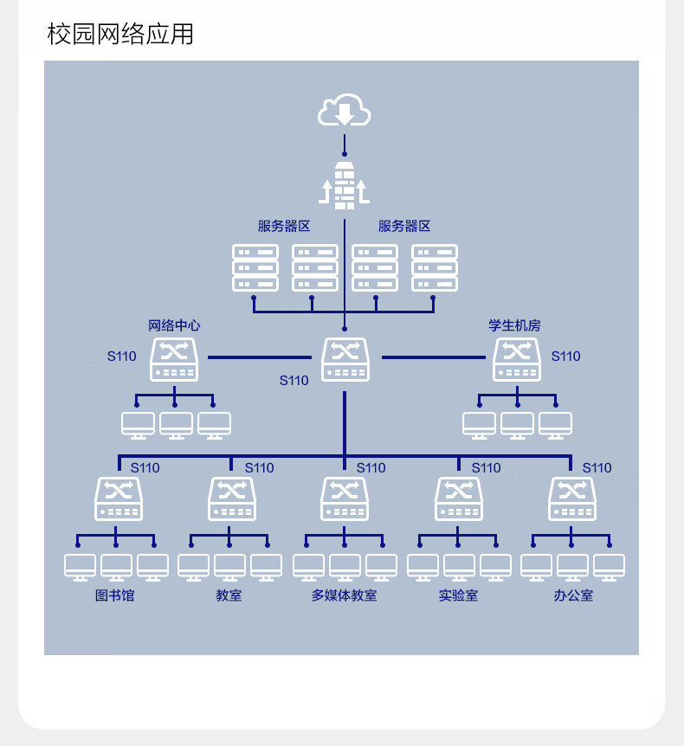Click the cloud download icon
point(344,110)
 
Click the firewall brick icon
point(344,185)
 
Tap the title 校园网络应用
point(120,34)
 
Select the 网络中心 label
point(174,325)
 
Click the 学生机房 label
point(514,325)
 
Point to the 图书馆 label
point(114,595)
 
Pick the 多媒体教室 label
point(344,595)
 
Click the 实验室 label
point(458,595)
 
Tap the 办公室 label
point(573,595)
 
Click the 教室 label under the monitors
point(229,595)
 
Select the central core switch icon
point(345,360)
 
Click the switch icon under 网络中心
point(174,360)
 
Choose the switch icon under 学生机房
point(517,360)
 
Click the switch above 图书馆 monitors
point(119,499)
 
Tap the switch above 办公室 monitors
point(572,499)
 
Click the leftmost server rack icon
point(255,268)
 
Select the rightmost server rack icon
point(435,268)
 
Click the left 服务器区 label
point(284,226)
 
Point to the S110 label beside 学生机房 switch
point(565,357)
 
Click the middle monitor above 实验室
point(459,567)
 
